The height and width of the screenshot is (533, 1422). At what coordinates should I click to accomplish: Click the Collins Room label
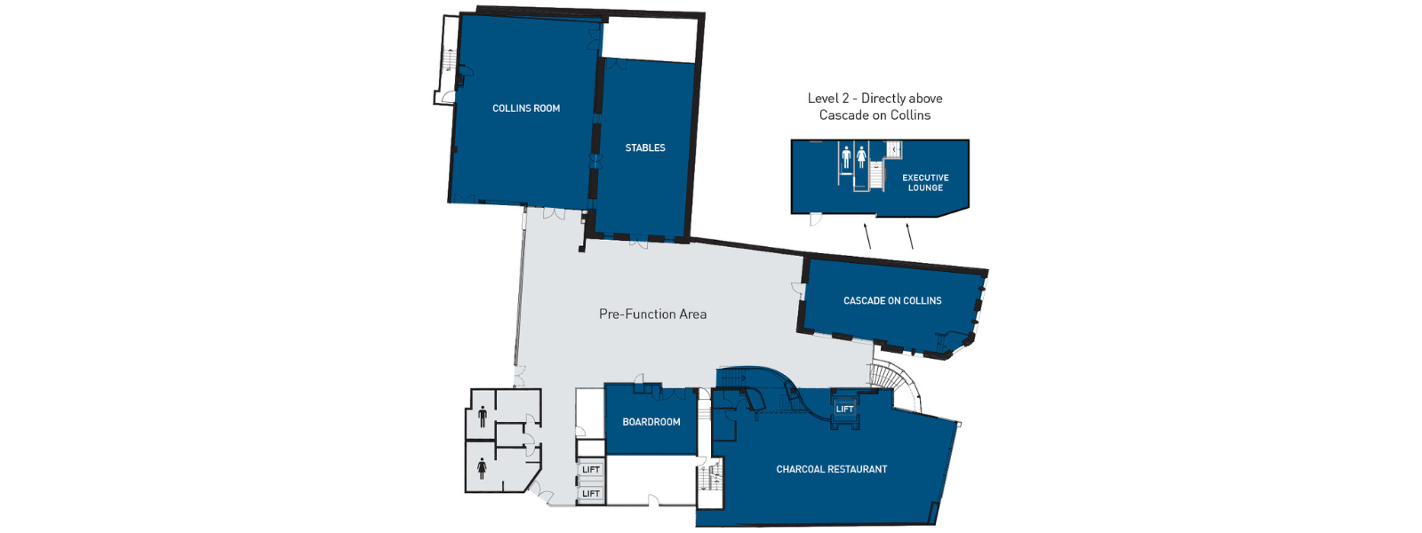click(x=526, y=108)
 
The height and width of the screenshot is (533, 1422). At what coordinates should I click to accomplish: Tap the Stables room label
click(x=645, y=147)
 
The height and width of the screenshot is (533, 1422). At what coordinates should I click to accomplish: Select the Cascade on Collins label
click(x=892, y=301)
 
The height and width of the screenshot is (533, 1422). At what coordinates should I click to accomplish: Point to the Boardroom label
click(x=651, y=422)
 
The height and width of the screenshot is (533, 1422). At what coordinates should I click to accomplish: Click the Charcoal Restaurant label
click(x=832, y=470)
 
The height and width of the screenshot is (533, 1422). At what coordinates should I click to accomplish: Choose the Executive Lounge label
click(x=925, y=183)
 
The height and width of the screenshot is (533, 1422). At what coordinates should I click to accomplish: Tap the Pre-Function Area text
click(x=652, y=314)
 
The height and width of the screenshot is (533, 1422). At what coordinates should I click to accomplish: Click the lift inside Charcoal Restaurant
click(x=844, y=410)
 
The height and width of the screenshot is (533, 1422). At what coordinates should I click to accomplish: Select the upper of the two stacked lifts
click(x=591, y=470)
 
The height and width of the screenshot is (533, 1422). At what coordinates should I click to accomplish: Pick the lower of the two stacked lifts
click(x=591, y=494)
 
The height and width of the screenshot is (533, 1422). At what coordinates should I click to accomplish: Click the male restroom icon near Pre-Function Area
click(x=483, y=417)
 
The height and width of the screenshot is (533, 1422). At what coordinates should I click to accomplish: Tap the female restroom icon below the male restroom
click(x=483, y=468)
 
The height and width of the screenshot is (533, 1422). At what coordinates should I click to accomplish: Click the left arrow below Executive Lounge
click(x=867, y=236)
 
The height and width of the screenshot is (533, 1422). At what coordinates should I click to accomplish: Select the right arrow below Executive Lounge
click(x=909, y=236)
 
